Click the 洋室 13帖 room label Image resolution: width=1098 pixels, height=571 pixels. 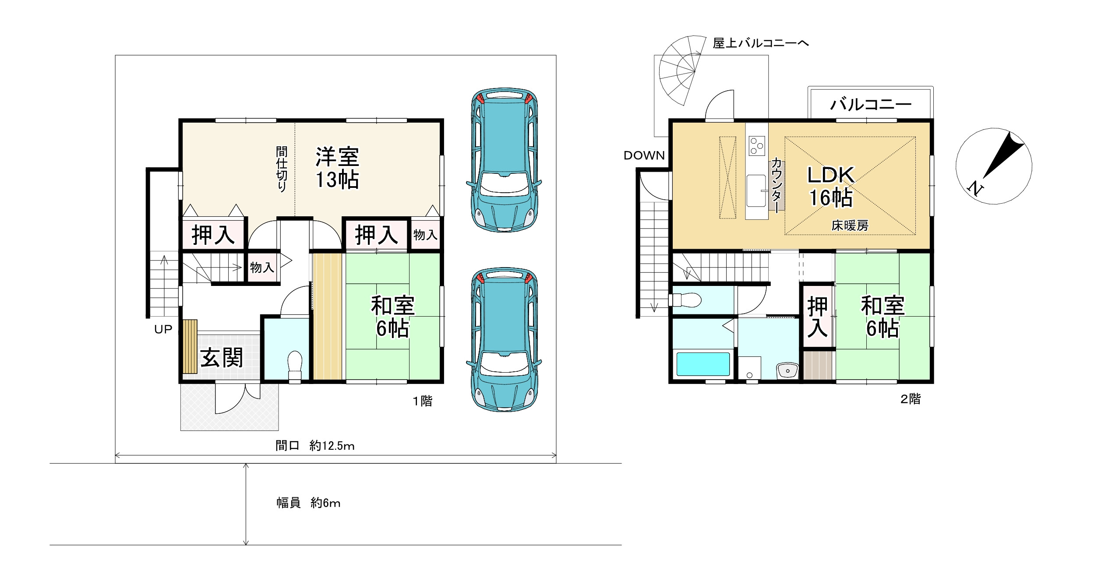337,168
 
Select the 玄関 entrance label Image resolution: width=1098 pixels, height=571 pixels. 222,358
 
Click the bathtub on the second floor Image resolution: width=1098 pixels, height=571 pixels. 703,364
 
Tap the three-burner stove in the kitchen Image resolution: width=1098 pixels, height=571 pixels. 757,146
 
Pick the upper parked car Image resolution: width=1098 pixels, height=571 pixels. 504,159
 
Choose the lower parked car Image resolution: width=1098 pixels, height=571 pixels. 504,339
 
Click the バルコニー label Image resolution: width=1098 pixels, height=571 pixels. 870,104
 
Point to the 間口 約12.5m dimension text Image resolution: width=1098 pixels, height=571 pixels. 314,446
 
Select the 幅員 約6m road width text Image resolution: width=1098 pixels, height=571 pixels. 308,503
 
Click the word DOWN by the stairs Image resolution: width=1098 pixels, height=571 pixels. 644,155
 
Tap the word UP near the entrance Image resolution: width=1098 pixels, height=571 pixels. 163,329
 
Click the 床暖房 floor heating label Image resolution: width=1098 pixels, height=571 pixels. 850,226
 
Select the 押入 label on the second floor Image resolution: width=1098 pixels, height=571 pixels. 818,317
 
